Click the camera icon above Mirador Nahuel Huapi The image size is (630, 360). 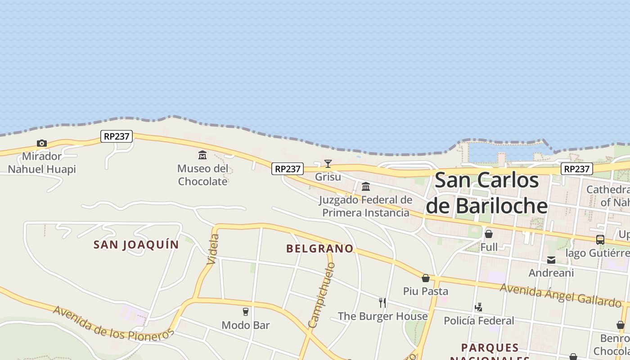(x=42, y=143)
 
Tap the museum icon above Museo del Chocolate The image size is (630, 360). (x=202, y=155)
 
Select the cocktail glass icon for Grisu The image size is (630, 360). (x=328, y=164)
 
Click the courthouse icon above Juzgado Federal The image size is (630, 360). (x=366, y=186)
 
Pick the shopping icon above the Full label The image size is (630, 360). (x=489, y=234)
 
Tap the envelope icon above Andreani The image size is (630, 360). (x=551, y=260)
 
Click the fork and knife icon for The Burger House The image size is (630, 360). (x=382, y=302)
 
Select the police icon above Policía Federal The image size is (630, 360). (x=479, y=307)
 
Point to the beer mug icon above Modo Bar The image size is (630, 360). (x=246, y=312)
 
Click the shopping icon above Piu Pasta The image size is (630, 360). (x=426, y=278)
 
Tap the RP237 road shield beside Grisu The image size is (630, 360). (x=288, y=169)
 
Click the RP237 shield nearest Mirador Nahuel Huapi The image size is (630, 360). (x=117, y=136)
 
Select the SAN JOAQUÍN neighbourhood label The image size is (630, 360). (x=136, y=245)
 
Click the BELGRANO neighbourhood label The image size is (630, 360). (x=319, y=249)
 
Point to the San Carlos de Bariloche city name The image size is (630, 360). (x=487, y=193)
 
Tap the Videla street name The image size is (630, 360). (x=212, y=249)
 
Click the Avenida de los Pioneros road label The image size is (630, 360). (x=113, y=324)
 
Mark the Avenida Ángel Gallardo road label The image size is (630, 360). (x=560, y=295)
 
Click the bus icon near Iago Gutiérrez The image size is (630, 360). (x=600, y=239)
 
